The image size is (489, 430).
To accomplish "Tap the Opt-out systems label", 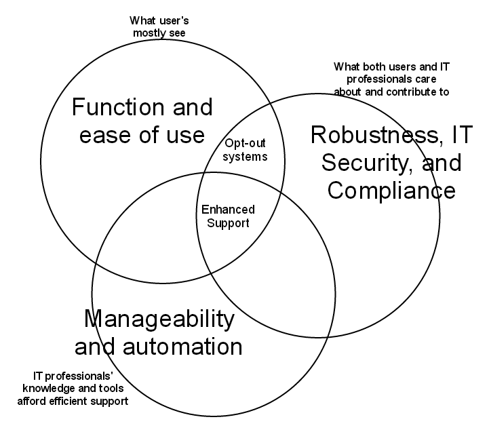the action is (245, 150).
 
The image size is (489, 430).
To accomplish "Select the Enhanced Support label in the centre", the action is (228, 217).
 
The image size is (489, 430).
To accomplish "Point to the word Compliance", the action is (391, 191).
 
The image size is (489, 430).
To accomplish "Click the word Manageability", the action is (159, 319).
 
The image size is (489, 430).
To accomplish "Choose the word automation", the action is (182, 346).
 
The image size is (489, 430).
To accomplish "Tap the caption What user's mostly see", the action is (159, 26).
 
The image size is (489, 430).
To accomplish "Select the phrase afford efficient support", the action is (73, 401).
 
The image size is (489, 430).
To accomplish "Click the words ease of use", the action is (142, 135).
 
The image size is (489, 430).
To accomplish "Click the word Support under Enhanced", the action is (228, 224).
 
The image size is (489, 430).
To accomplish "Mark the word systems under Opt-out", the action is (245, 157).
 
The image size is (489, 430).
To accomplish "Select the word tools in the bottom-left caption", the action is (111, 388).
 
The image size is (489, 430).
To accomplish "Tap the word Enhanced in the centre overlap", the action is (228, 209).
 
